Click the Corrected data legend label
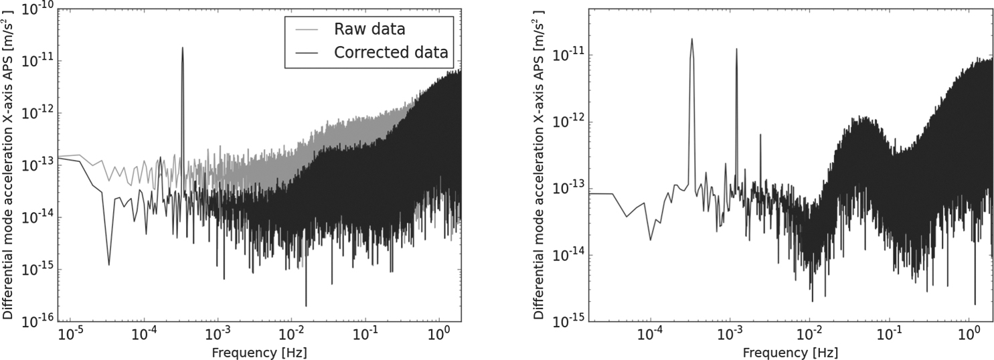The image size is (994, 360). point(391,53)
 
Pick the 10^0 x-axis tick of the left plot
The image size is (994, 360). point(439,333)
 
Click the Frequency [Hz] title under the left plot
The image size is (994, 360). point(259,351)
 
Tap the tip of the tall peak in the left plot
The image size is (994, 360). point(182,48)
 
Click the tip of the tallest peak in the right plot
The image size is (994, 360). point(691,39)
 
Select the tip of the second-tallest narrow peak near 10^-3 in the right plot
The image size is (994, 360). point(736,49)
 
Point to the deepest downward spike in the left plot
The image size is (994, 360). point(306,306)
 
